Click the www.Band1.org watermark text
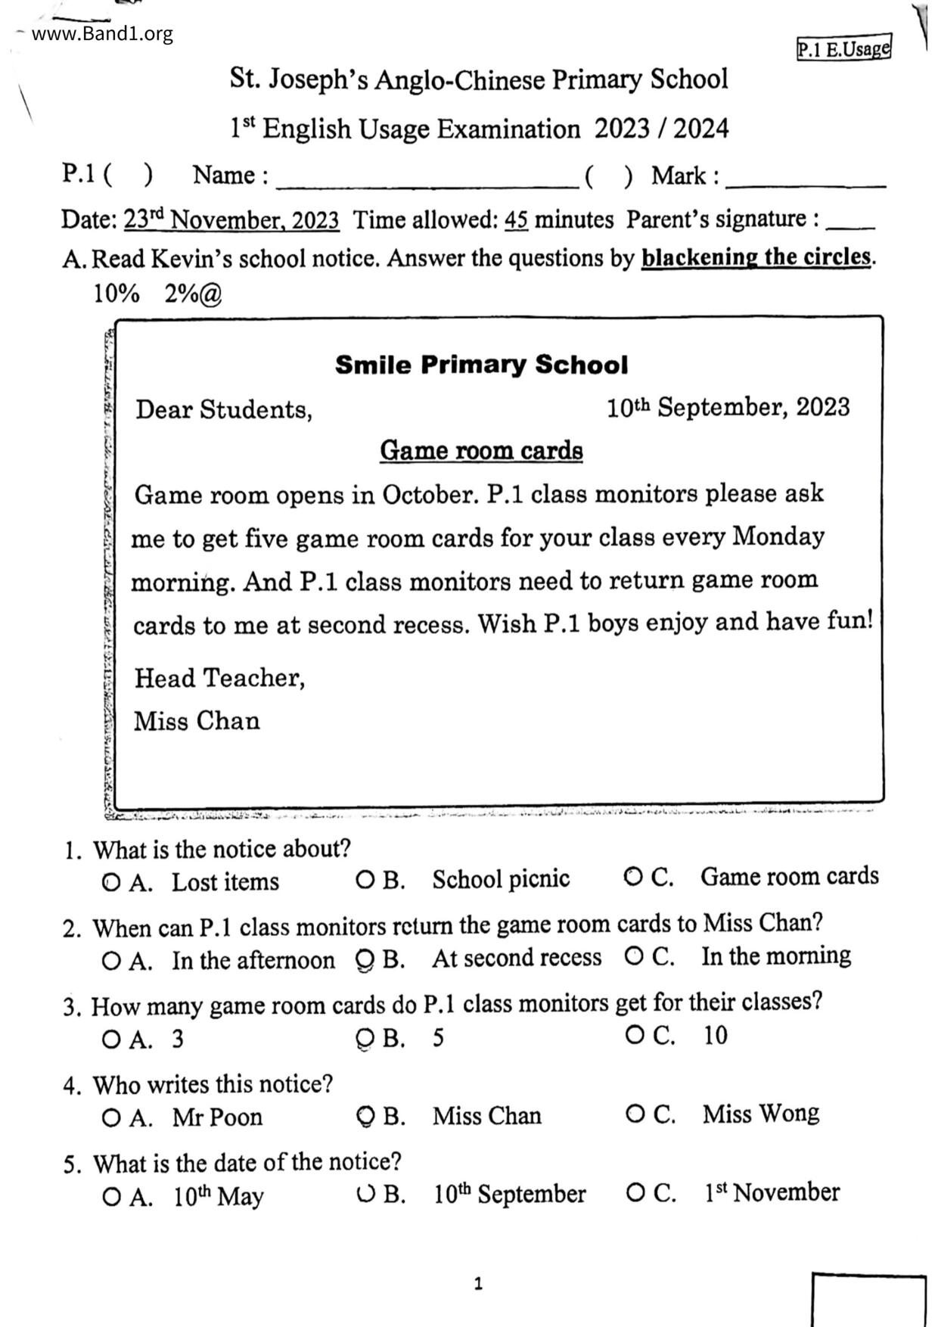102,34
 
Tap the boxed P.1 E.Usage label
843,49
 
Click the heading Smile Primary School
481,365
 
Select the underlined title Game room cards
481,450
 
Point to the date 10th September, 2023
728,408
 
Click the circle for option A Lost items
110,882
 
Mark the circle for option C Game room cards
633,877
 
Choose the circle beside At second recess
365,959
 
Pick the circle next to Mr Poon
110,1117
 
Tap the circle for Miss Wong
635,1114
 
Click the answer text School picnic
501,879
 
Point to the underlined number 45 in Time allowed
516,220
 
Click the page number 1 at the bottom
477,1283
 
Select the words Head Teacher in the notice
219,678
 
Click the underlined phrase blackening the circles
756,257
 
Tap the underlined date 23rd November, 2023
231,220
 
